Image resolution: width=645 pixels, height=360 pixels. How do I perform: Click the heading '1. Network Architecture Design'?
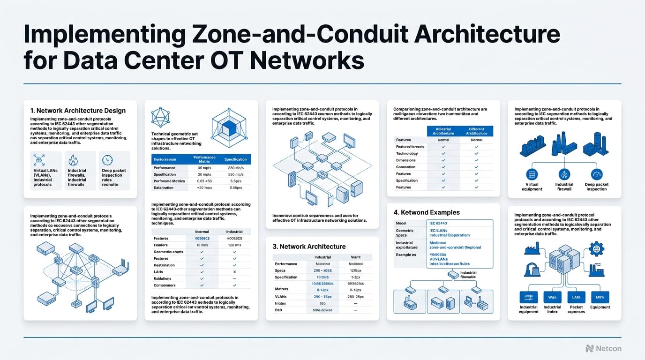pyautogui.click(x=78, y=111)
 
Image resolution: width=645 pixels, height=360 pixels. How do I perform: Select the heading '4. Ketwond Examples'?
pyautogui.click(x=427, y=212)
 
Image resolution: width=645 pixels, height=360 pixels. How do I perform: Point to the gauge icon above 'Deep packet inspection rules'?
pyautogui.click(x=107, y=160)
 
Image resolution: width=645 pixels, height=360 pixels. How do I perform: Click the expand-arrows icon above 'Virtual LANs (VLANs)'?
pyautogui.click(x=39, y=160)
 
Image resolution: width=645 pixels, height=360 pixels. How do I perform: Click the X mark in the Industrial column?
pyautogui.click(x=234, y=272)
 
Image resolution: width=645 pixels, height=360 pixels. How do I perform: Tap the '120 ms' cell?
pyautogui.click(x=234, y=245)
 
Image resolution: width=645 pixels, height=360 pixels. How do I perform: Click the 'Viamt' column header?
pyautogui.click(x=356, y=257)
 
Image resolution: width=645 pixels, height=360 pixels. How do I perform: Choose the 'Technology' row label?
pyautogui.click(x=406, y=154)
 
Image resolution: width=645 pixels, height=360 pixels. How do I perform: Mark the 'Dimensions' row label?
pyautogui.click(x=406, y=160)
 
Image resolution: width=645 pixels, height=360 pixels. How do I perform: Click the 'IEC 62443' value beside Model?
pyautogui.click(x=438, y=224)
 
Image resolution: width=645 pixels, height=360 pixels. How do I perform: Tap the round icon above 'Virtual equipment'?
pyautogui.click(x=532, y=174)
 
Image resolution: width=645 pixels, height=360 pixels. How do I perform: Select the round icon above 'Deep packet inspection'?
pyautogui.click(x=596, y=174)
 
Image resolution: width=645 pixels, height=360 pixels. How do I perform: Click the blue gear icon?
pyautogui.click(x=597, y=248)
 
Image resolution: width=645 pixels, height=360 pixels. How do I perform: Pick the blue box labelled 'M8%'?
pyautogui.click(x=600, y=296)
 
